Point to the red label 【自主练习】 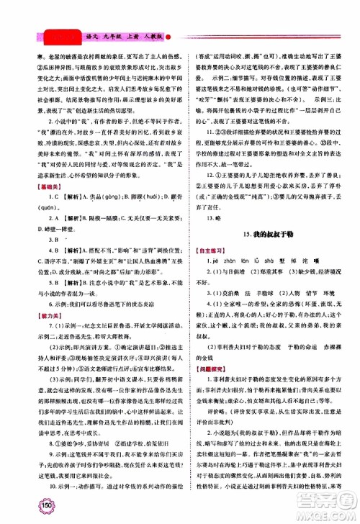pyautogui.click(x=208, y=250)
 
